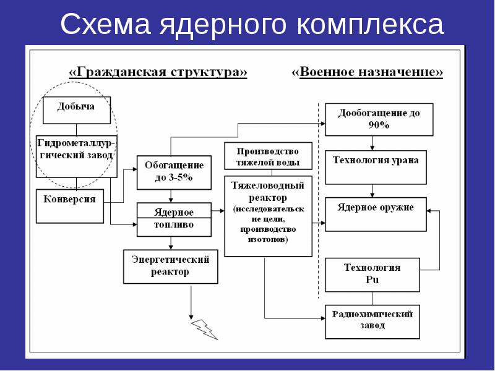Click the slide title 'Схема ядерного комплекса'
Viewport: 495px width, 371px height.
[x=252, y=25]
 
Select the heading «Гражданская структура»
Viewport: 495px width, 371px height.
[x=158, y=72]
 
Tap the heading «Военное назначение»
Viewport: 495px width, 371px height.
[x=368, y=72]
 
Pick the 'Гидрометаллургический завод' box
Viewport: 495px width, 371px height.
[x=76, y=156]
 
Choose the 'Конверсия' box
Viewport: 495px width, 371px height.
[x=70, y=206]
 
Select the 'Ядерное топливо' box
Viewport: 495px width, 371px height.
[x=173, y=219]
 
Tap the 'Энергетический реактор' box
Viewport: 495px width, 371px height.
[x=170, y=266]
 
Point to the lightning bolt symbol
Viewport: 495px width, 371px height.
[x=205, y=328]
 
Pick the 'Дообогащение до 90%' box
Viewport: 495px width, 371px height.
[x=379, y=119]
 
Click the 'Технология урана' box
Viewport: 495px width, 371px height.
[x=376, y=167]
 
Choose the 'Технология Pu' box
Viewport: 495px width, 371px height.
[x=372, y=275]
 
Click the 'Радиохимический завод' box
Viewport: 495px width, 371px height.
[x=372, y=321]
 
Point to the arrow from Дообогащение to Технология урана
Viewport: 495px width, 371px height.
[x=372, y=143]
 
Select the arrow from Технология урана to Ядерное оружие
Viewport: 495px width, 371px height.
[x=372, y=190]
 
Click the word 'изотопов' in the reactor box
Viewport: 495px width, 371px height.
[x=268, y=239]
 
